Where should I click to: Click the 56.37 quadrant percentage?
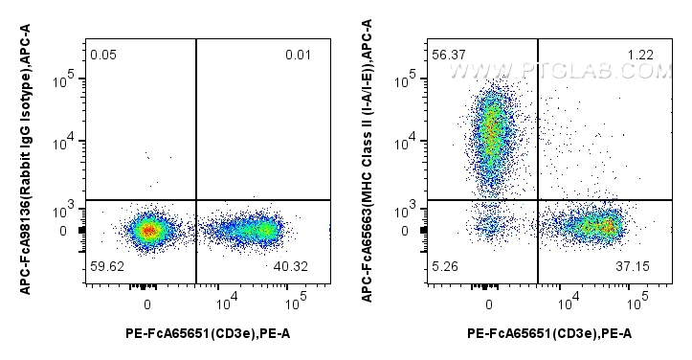(447, 56)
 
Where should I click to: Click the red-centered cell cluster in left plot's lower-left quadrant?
(146, 230)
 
